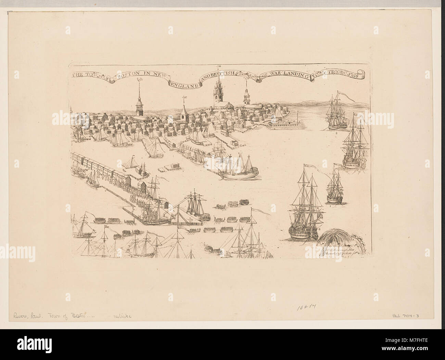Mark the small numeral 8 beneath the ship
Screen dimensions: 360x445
[337, 133]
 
